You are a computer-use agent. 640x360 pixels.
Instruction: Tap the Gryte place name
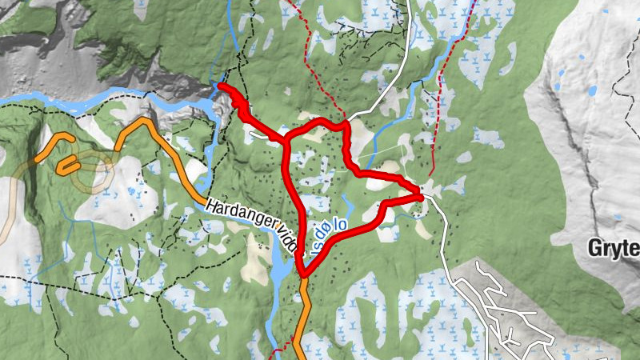615,248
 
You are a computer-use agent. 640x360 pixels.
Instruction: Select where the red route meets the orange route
302,276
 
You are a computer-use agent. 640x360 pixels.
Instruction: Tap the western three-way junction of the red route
286,140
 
